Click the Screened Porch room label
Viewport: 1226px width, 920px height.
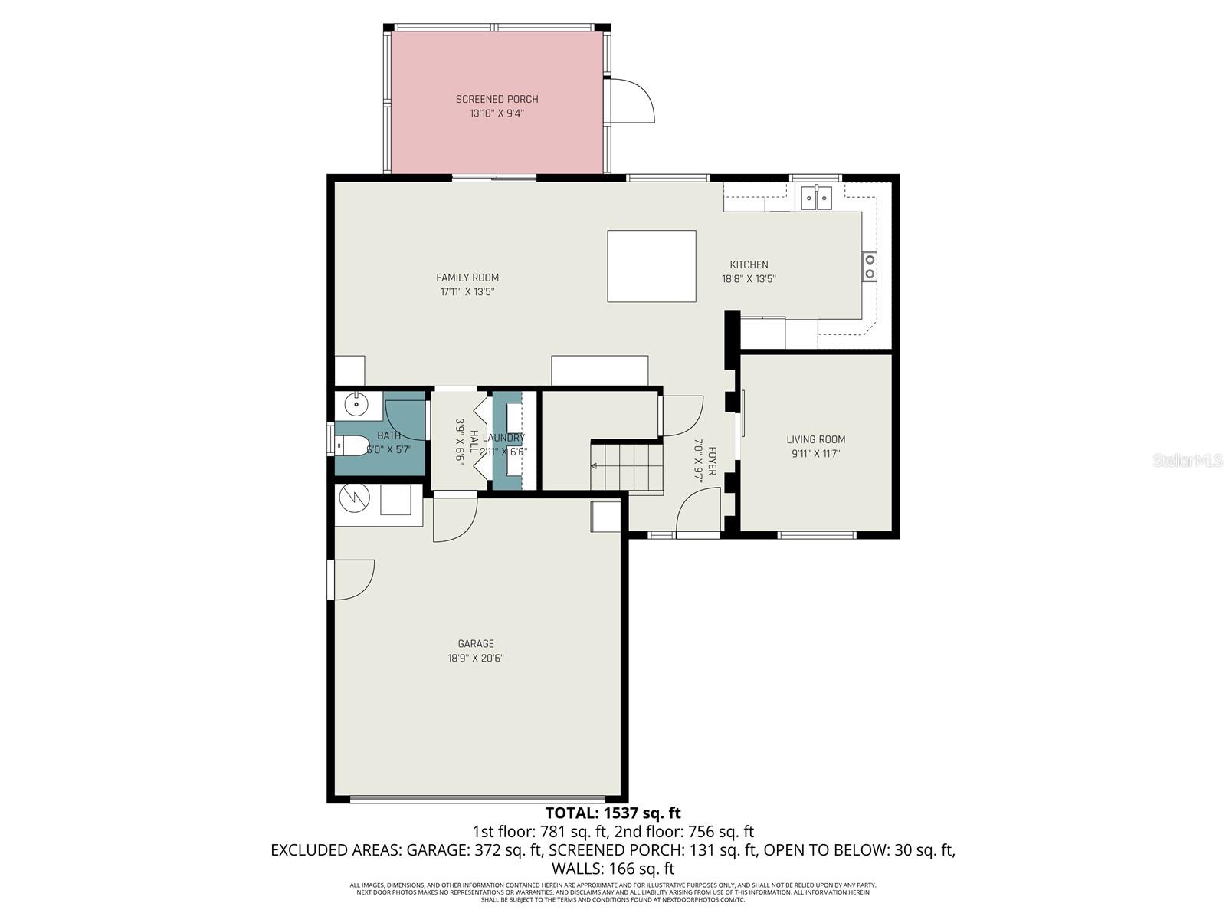[x=497, y=99]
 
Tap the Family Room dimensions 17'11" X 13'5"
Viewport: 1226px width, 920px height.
[x=467, y=292]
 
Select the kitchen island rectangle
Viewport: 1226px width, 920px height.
[x=651, y=266]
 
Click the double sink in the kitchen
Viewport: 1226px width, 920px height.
[x=816, y=198]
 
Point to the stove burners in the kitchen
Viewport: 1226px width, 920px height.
[x=870, y=267]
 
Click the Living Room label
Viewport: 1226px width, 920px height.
[x=815, y=439]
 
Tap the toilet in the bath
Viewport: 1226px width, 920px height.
[x=352, y=445]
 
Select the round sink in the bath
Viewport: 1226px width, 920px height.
[x=356, y=402]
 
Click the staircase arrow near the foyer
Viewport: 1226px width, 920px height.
[x=595, y=466]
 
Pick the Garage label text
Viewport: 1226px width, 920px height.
[x=476, y=644]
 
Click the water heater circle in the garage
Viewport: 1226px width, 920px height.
[x=354, y=498]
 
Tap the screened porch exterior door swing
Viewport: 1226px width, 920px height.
[x=632, y=101]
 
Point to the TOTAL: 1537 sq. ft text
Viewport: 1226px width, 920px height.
[x=612, y=813]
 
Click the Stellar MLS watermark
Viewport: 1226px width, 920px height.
[x=1188, y=460]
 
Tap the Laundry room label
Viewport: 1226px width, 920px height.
[x=503, y=438]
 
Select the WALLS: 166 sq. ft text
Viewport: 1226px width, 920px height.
[x=612, y=869]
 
